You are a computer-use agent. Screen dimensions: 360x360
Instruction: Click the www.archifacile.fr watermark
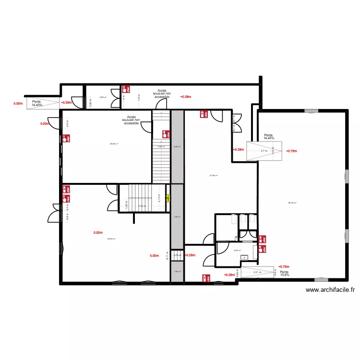[x=330, y=289]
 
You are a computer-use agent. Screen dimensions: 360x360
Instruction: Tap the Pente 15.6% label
[x=285, y=273]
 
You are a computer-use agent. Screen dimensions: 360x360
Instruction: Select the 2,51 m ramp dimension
[x=257, y=272]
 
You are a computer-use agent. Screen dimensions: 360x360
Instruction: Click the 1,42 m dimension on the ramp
[x=272, y=150]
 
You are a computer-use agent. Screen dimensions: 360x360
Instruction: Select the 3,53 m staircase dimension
[x=142, y=206]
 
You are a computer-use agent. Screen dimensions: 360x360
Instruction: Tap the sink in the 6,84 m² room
[x=244, y=258]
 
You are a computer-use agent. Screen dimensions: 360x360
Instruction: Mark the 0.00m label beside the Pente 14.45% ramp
[x=18, y=103]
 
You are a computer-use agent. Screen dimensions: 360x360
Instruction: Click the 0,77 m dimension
[x=167, y=256]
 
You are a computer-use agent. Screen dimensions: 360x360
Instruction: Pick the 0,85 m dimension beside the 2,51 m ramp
[x=277, y=272]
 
